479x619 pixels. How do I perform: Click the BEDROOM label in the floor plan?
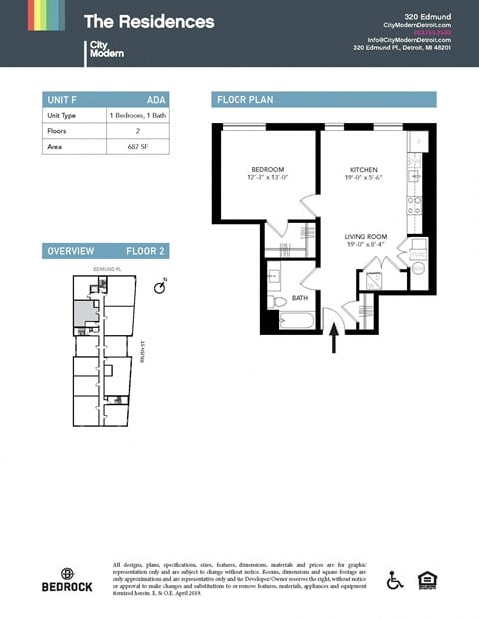[x=268, y=170]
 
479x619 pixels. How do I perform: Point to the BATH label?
[x=299, y=297]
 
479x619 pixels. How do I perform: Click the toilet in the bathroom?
[x=277, y=300]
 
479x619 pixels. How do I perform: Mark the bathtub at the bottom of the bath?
[x=296, y=321]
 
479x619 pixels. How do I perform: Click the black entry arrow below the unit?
[x=335, y=341]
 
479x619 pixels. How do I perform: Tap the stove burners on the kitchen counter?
[x=415, y=205]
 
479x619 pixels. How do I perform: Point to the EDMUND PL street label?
[x=106, y=270]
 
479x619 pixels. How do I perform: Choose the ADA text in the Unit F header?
[x=156, y=99]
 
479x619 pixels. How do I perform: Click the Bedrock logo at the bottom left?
[x=68, y=579]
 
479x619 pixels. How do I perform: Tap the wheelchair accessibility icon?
[x=394, y=579]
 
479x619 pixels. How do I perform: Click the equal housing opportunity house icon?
[x=426, y=579]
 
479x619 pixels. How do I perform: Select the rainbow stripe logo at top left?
[x=46, y=15]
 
